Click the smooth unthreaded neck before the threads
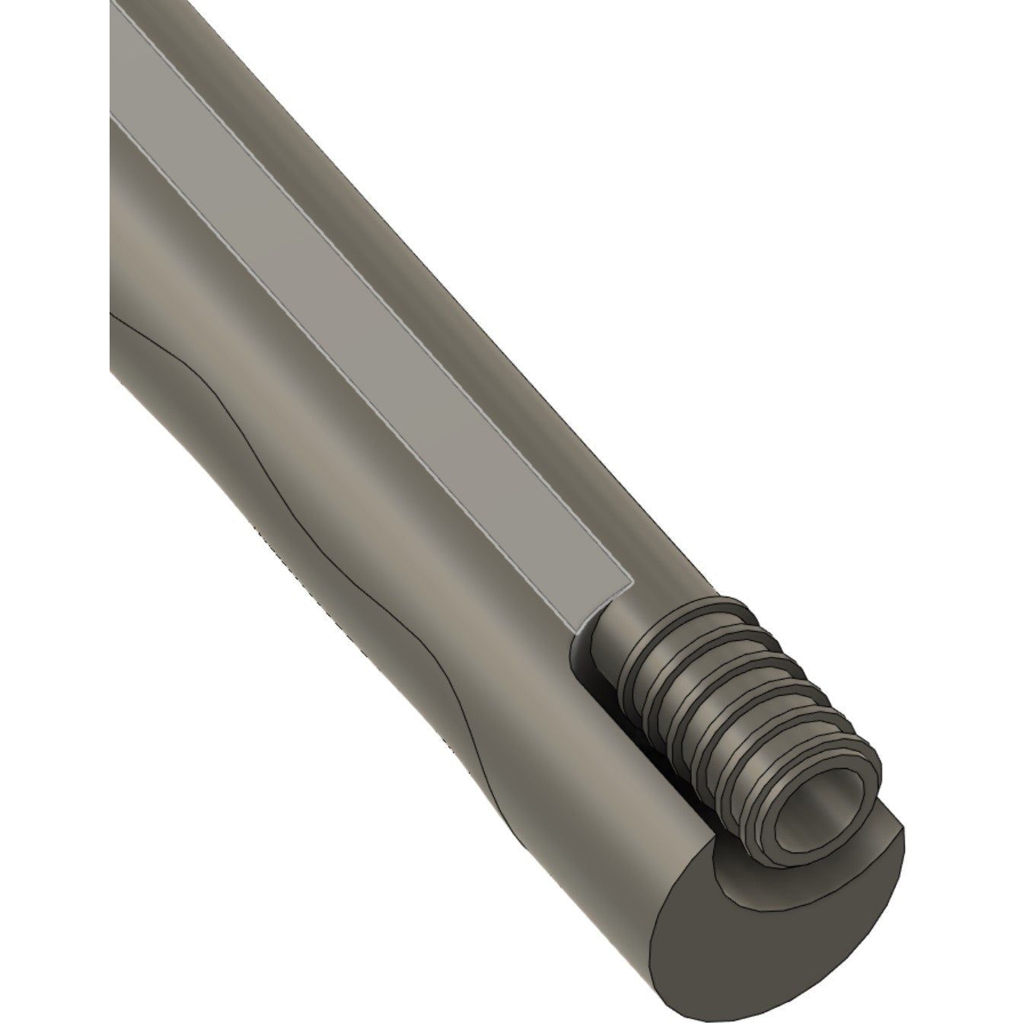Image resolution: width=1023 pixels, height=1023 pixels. click(x=609, y=632)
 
